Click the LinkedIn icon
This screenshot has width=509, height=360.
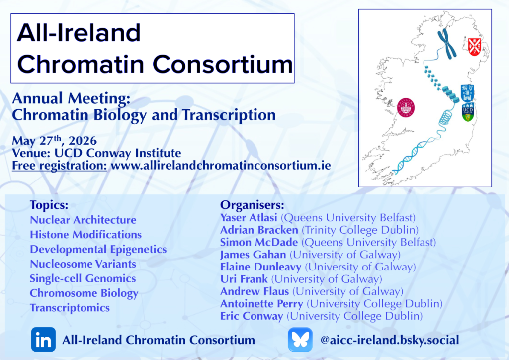[43, 340]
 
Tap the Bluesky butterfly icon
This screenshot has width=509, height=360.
[300, 340]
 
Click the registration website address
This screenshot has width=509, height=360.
[221, 166]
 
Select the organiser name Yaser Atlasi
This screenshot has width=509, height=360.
[249, 217]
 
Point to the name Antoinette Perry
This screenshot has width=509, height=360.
[261, 304]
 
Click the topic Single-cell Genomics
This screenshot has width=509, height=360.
[83, 279]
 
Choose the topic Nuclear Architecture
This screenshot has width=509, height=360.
[83, 220]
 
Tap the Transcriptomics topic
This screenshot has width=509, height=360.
[70, 308]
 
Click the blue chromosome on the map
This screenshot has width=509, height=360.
[447, 44]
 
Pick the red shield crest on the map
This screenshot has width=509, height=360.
[474, 47]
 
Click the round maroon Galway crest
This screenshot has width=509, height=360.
[406, 108]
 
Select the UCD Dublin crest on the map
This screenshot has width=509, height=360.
[468, 112]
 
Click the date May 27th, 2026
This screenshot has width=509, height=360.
[54, 141]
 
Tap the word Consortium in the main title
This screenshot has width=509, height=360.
[222, 64]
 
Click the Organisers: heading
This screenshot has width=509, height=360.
[252, 205]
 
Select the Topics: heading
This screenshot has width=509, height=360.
[49, 205]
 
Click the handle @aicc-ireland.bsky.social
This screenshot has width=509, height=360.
[390, 340]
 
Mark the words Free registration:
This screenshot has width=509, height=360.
[60, 166]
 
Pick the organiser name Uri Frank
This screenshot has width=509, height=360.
[244, 279]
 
